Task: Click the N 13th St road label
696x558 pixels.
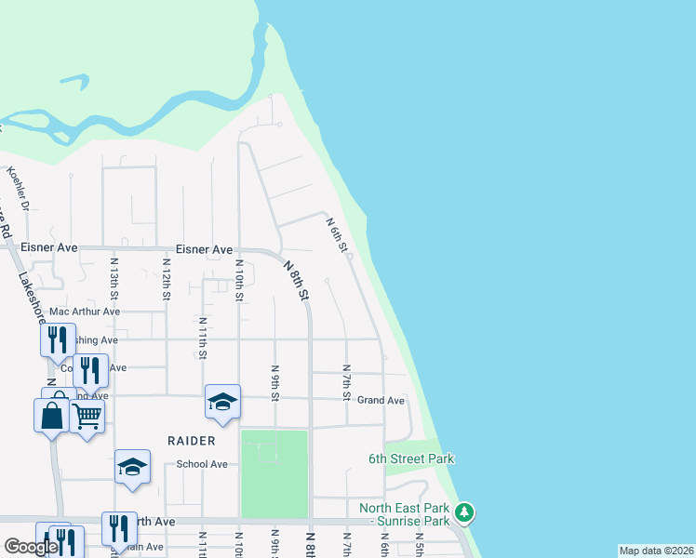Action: [114, 276]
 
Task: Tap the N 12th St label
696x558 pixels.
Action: [166, 279]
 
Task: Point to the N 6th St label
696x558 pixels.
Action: [337, 235]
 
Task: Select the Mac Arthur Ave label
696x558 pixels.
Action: [85, 312]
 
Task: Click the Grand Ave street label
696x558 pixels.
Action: [381, 401]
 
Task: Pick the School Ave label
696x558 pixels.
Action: [202, 464]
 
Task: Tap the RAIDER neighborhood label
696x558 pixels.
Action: [191, 440]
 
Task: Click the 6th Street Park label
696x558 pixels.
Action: [411, 458]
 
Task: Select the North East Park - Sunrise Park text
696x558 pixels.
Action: [405, 515]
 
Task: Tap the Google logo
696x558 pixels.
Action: [31, 547]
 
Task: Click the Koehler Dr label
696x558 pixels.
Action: [19, 187]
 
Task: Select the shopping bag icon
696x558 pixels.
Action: [52, 415]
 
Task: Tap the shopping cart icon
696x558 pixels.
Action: [87, 417]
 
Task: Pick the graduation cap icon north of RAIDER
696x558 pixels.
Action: [223, 401]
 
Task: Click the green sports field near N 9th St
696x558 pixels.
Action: [274, 473]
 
